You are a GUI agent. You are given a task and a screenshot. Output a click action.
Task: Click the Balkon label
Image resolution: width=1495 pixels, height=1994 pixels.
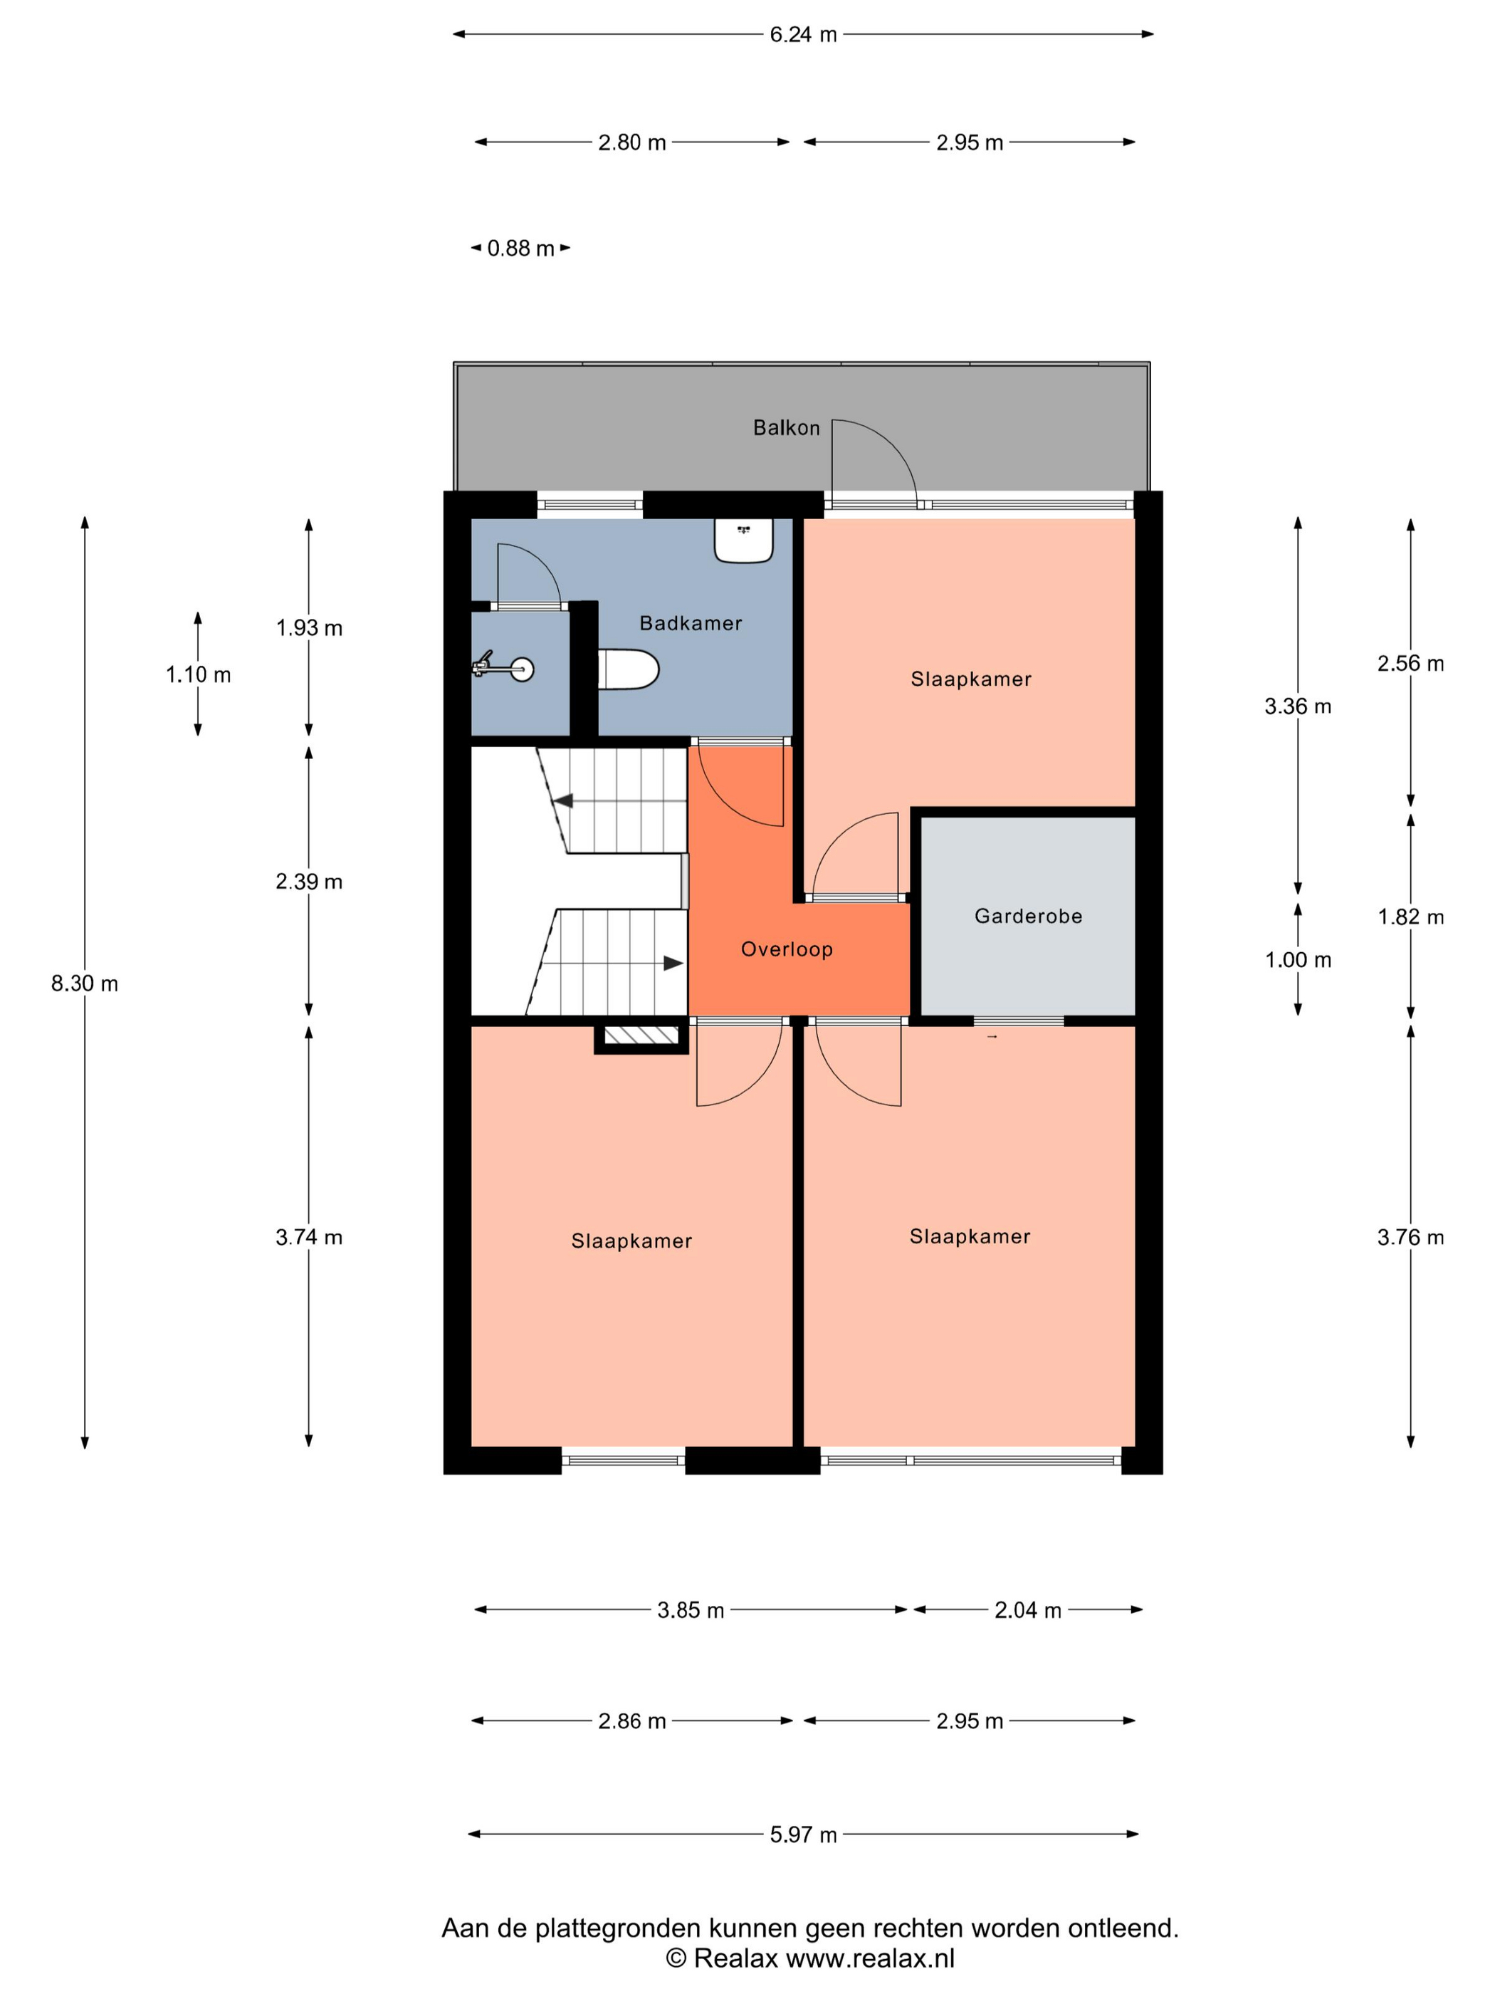(x=786, y=427)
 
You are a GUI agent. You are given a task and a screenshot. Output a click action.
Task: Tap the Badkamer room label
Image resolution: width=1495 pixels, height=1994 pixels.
(x=691, y=623)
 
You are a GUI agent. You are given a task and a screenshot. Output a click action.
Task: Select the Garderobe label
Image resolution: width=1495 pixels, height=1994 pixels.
(x=1027, y=916)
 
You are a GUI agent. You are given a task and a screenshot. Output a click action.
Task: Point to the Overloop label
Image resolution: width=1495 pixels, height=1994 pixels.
(x=787, y=949)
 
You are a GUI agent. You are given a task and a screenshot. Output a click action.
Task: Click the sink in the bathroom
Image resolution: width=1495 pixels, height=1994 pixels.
(x=743, y=540)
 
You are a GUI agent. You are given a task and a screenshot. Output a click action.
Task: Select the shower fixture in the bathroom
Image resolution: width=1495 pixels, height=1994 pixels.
(x=503, y=668)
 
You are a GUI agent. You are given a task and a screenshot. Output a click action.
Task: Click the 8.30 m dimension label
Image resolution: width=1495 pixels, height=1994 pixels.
(x=85, y=983)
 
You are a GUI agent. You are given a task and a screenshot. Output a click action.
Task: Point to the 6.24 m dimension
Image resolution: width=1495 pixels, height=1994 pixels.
(x=803, y=34)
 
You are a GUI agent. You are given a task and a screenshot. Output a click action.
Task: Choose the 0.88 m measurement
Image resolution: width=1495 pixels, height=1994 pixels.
(x=521, y=248)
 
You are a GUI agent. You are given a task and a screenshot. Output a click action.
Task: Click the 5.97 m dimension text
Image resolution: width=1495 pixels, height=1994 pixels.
(x=803, y=1834)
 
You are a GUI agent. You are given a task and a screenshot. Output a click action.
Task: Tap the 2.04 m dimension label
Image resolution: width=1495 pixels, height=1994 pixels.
(x=1027, y=1610)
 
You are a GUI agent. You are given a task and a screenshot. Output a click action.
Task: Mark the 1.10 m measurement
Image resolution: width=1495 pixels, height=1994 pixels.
(x=198, y=674)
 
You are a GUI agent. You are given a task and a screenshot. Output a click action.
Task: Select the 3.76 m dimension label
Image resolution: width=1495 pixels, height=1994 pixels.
(x=1410, y=1237)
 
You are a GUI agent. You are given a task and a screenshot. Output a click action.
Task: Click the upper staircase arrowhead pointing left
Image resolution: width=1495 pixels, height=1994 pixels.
(x=563, y=800)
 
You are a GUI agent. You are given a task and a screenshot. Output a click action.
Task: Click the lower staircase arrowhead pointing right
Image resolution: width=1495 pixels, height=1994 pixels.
(x=673, y=963)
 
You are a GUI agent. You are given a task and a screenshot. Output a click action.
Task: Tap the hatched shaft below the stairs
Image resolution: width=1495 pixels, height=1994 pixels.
(x=641, y=1035)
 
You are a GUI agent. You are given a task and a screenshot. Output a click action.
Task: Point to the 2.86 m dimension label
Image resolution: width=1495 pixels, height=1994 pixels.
(x=631, y=1721)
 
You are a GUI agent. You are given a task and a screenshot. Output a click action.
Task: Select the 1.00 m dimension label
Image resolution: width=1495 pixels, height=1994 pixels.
(x=1298, y=959)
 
